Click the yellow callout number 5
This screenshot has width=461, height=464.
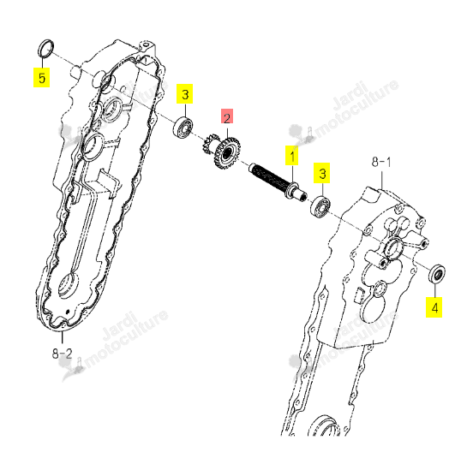pos(41,78)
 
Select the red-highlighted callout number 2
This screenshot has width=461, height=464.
pos(227,116)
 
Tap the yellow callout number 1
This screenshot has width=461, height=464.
pos(292,155)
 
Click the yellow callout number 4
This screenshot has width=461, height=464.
pos(434,307)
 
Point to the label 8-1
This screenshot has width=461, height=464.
pos(381,162)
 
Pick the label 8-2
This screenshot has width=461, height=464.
pos(63,353)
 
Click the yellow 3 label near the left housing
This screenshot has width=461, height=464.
pos(185,94)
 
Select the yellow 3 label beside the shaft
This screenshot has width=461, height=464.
pos(322,173)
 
